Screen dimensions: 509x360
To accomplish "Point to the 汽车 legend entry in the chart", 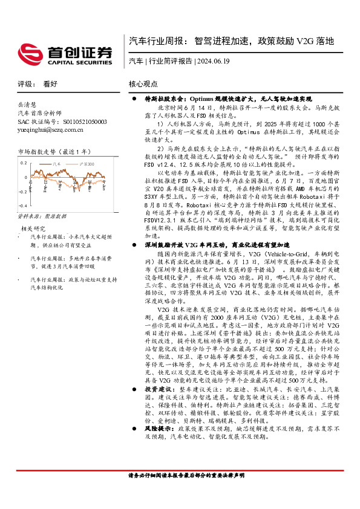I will coord(57,163).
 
